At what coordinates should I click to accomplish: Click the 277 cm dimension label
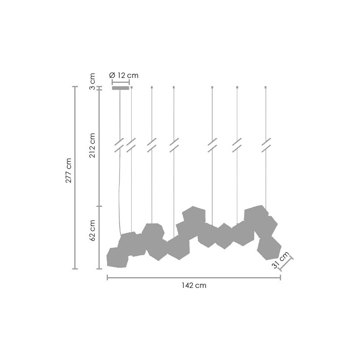tap(69, 170)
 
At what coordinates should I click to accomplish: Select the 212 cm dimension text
tap(92, 145)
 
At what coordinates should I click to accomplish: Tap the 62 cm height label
tap(92, 230)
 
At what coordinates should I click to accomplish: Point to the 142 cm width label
tap(194, 285)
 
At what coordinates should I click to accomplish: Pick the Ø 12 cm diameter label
tap(124, 75)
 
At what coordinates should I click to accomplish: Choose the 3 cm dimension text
tap(92, 81)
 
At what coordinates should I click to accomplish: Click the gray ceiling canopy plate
tap(120, 88)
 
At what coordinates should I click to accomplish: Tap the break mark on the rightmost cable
tap(266, 145)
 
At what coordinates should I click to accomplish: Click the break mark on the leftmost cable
tap(119, 145)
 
